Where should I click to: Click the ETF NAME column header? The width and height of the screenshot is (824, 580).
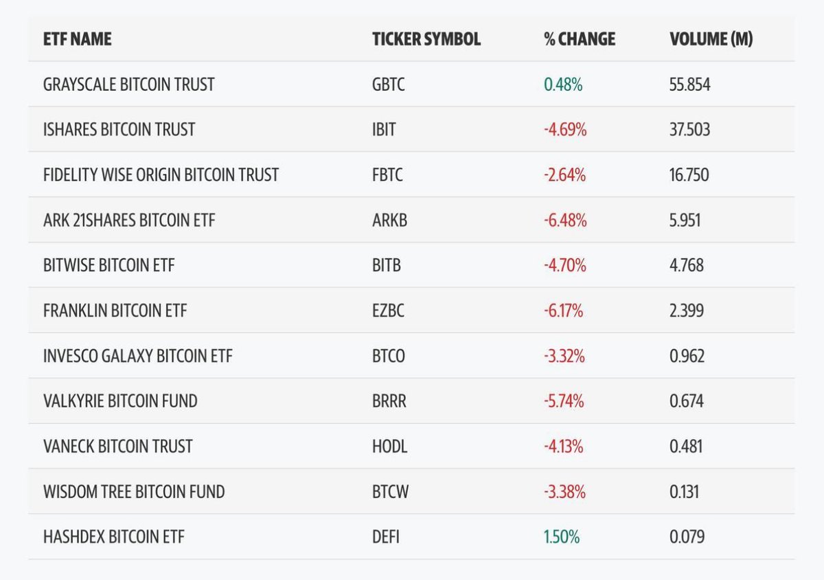click(77, 39)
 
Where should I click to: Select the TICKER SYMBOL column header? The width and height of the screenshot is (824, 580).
click(426, 39)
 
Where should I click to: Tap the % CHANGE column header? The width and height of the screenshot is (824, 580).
click(579, 39)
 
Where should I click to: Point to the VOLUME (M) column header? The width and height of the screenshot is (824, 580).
click(711, 39)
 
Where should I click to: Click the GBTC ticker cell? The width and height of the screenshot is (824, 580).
click(388, 85)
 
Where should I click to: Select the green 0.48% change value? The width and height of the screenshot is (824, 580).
click(562, 85)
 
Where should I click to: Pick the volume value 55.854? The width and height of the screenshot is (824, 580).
click(689, 85)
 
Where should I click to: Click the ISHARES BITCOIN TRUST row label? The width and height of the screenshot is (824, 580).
click(119, 129)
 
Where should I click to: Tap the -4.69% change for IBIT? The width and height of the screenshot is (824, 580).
click(564, 129)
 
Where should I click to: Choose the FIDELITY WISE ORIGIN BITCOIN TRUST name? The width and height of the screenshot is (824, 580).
click(161, 175)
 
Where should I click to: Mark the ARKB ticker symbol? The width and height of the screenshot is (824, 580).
click(389, 220)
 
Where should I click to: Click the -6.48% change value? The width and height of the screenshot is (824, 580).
click(564, 220)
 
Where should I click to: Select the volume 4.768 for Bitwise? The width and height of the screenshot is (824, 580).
click(686, 265)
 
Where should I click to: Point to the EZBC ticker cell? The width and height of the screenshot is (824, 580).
click(388, 311)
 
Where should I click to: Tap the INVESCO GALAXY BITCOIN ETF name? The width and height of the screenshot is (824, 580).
click(137, 356)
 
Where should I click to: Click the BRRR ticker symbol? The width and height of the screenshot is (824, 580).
click(389, 401)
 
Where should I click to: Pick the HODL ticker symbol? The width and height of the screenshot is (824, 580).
click(389, 446)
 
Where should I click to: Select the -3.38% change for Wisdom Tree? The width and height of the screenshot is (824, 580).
click(564, 491)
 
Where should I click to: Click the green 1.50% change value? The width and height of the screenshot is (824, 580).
click(561, 537)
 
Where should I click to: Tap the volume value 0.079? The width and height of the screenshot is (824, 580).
click(687, 537)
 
